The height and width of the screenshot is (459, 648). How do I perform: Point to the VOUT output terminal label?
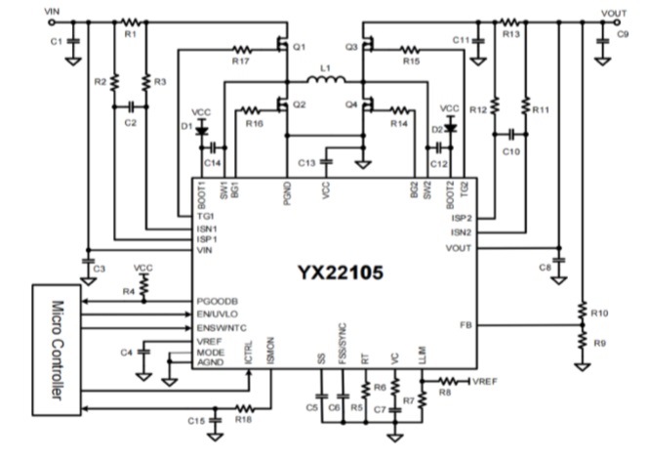click(614, 13)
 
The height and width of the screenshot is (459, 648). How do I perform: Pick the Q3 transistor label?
click(351, 46)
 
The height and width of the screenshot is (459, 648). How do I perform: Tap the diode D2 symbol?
click(450, 127)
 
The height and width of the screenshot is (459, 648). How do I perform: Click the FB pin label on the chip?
click(466, 323)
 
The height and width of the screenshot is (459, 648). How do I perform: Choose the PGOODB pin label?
click(217, 302)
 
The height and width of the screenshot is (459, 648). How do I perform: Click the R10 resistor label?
click(599, 313)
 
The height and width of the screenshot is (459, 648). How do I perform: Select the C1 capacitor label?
click(56, 40)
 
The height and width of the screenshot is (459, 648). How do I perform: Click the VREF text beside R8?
click(487, 381)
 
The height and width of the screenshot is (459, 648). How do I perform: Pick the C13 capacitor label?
click(306, 162)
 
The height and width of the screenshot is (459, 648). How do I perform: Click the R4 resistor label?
click(129, 291)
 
